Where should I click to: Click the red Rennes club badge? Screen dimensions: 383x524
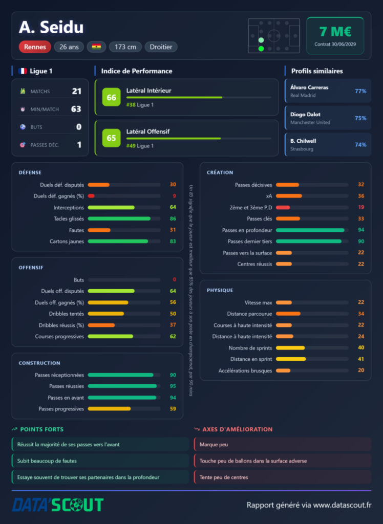35,47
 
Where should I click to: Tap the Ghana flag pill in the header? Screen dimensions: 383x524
96,47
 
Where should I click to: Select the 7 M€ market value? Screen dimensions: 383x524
335,32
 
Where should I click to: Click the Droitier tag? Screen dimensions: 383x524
161,47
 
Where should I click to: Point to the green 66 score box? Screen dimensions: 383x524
111,97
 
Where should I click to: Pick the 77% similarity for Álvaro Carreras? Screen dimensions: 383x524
360,91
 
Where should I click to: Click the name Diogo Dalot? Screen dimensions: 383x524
305,114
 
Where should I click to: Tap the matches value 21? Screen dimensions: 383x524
77,91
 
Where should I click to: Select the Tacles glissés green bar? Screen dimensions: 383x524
119,219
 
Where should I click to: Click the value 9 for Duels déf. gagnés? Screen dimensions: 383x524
174,196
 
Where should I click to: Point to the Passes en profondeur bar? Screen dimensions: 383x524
310,230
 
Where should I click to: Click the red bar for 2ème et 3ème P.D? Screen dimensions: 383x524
283,207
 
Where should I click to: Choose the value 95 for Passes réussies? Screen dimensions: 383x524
173,386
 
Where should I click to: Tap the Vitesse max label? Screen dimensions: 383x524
258,302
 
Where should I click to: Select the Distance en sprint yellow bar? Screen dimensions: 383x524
291,359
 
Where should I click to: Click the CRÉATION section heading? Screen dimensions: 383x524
220,172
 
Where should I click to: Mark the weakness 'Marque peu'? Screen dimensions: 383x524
214,445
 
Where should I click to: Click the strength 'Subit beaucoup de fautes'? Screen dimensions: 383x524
47,461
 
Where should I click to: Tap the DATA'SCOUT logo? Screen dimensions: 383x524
58,505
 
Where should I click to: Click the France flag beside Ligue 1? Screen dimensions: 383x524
23,71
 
